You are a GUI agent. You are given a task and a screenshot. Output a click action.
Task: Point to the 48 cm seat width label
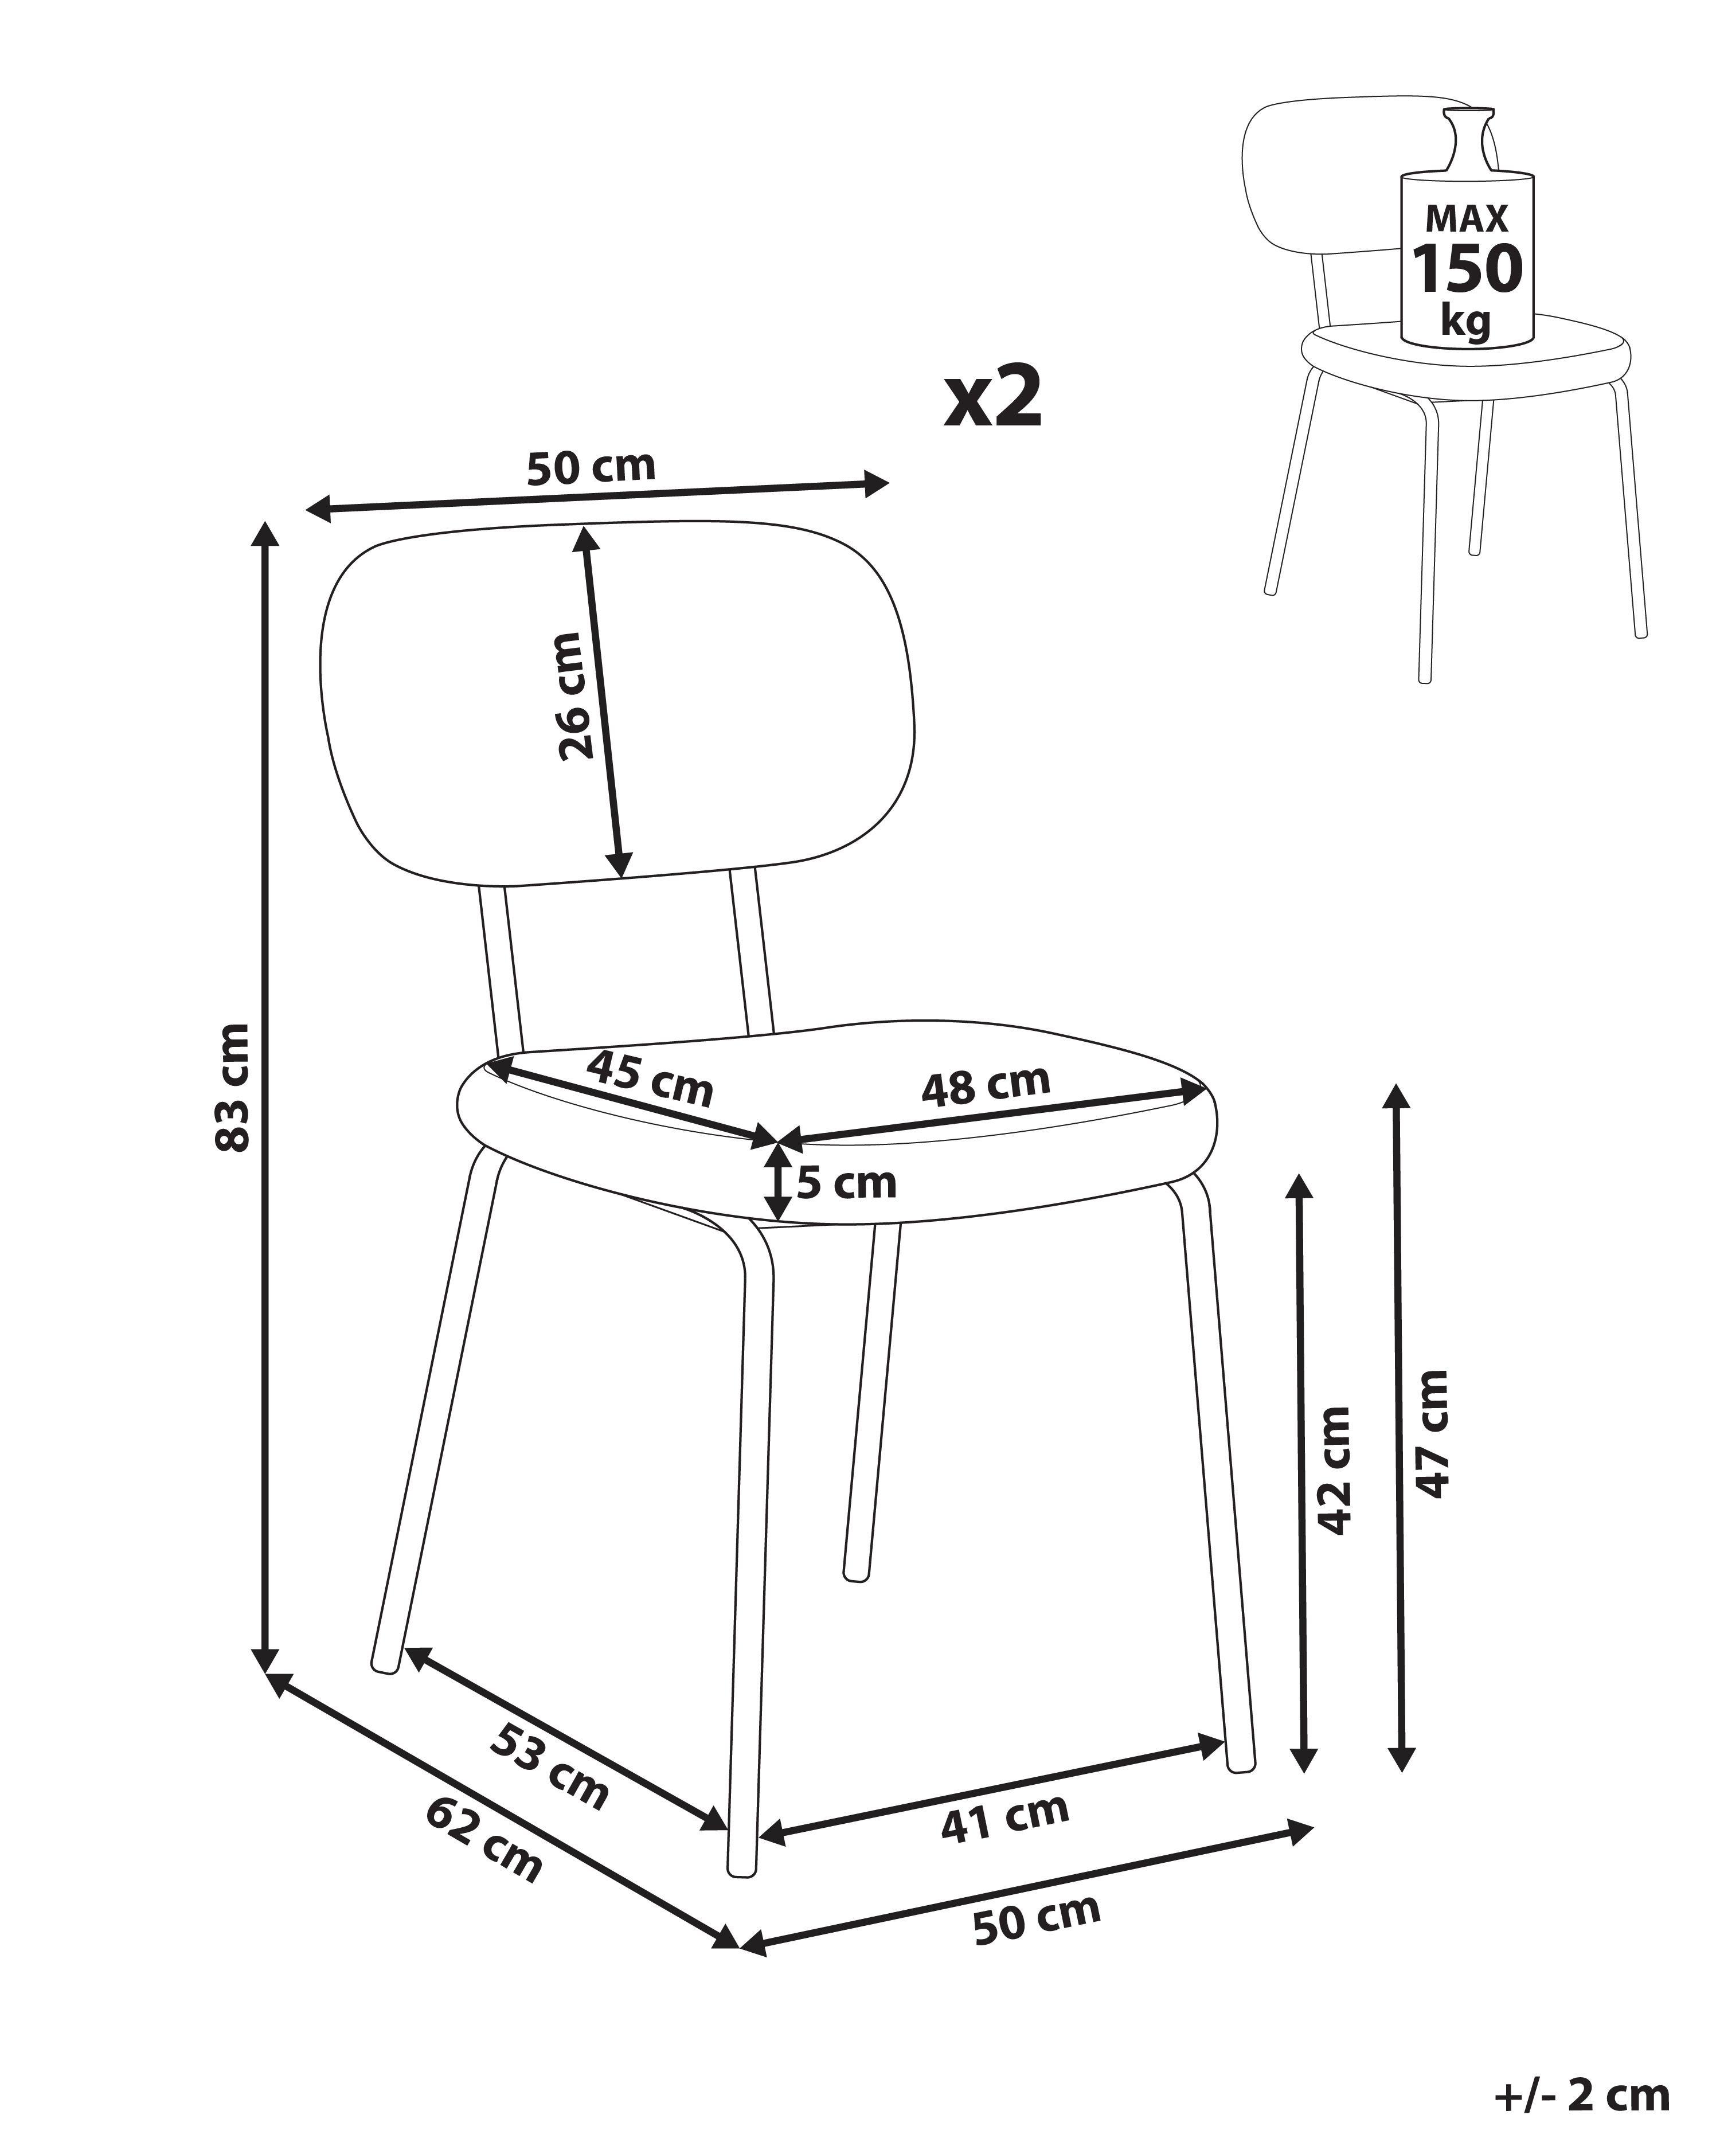(985, 1085)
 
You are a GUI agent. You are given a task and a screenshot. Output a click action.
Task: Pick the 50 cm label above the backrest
(591, 467)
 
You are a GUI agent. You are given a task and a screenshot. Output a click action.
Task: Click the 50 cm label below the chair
(1037, 1918)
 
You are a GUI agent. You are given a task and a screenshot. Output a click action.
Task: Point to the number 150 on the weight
(1467, 267)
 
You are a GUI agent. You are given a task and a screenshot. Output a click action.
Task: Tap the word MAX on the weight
(1467, 217)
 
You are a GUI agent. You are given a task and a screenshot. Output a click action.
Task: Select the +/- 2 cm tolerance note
(1581, 2095)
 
